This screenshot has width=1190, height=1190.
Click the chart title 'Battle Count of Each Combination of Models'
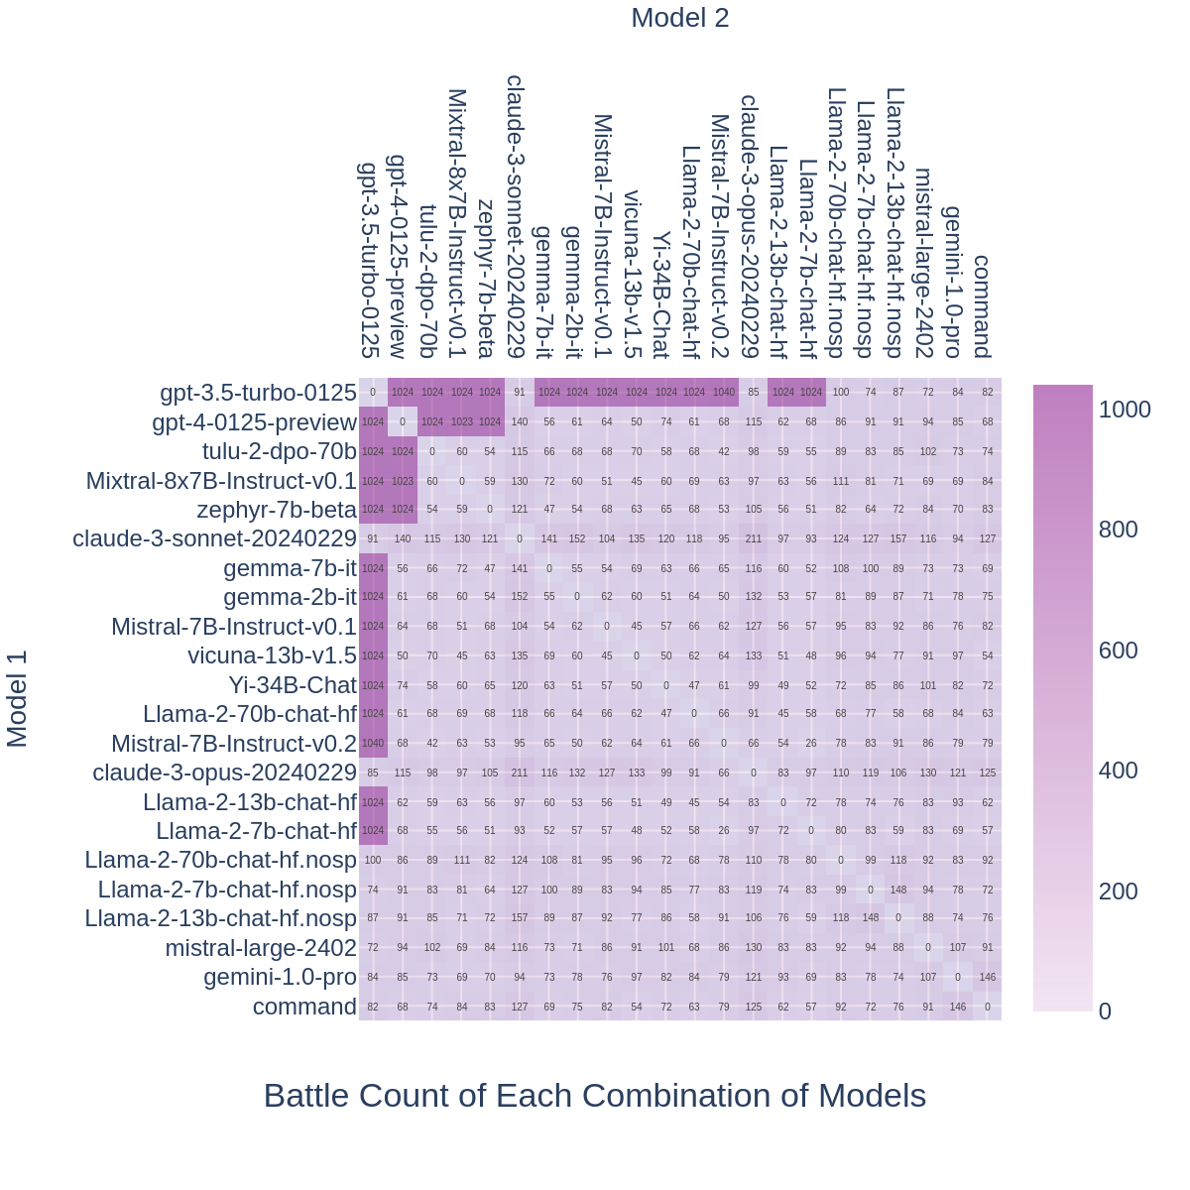(595, 1096)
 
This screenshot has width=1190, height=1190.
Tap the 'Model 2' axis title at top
(679, 18)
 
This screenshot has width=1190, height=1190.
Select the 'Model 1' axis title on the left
(18, 699)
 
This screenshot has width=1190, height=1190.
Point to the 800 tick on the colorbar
(1118, 530)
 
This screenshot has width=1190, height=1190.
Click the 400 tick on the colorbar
(1118, 771)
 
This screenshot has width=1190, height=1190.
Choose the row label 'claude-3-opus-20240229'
(224, 773)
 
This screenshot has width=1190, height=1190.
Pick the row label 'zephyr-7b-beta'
(277, 510)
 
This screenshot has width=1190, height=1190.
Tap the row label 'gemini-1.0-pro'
(280, 977)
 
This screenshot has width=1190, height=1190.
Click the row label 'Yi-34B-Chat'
(293, 685)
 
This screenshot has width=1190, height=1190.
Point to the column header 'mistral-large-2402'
(924, 262)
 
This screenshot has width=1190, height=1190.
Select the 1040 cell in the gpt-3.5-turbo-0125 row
(724, 392)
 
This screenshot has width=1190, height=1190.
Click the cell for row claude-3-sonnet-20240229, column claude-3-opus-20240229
(754, 539)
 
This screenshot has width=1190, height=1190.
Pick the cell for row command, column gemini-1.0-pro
(958, 1007)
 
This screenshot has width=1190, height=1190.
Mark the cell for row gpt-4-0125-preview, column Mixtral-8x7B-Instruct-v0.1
(462, 421)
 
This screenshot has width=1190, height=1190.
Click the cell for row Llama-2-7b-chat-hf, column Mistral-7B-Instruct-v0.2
(724, 830)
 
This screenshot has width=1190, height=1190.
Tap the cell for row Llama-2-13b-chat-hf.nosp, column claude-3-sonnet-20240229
(520, 918)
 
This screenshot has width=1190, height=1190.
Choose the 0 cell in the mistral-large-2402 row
(928, 948)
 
